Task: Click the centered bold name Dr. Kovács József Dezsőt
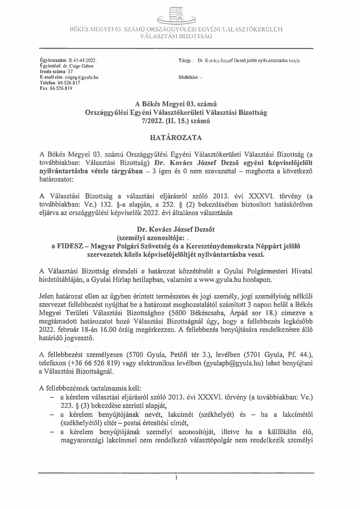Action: tap(176, 229)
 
